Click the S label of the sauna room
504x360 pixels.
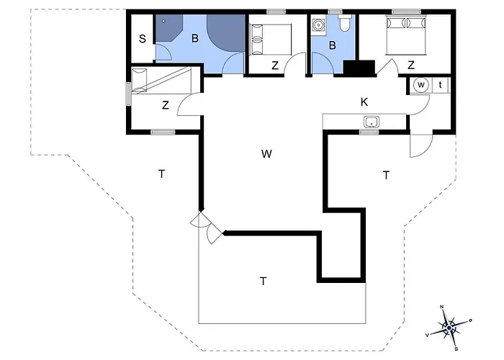pos(143,39)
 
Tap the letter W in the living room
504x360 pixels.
pos(266,153)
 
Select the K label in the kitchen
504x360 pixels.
pos(364,103)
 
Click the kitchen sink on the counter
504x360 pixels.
pos(372,121)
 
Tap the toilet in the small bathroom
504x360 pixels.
pos(344,25)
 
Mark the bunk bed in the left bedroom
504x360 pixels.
pos(161,81)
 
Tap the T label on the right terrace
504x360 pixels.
pos(386,174)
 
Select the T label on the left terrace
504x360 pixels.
pos(161,173)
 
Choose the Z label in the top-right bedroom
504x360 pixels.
pos(410,66)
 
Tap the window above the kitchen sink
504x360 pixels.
pos(369,132)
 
